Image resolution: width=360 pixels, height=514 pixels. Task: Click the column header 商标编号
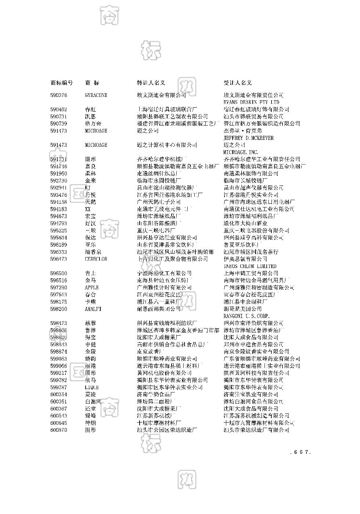(61, 83)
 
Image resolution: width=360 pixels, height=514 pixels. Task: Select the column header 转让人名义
(151, 83)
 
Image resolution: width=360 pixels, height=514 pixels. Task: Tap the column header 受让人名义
(238, 83)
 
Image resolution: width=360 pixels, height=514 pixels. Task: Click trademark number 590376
(59, 95)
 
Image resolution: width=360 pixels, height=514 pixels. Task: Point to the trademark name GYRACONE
(96, 95)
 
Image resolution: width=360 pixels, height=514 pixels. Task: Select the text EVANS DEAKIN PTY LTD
(251, 102)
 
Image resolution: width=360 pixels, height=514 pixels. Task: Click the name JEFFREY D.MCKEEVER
(248, 138)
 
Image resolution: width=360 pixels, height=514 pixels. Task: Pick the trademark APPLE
(92, 287)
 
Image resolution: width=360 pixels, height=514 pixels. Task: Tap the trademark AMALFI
(93, 309)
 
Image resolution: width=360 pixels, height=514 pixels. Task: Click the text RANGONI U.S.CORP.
(246, 316)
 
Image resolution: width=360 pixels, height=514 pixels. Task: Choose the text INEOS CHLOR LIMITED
(250, 266)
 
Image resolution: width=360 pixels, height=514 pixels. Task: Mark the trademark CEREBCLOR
(96, 259)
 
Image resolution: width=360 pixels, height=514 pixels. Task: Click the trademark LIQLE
(92, 387)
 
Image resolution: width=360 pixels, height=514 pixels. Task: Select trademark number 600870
(59, 430)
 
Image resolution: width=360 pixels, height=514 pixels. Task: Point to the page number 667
(300, 452)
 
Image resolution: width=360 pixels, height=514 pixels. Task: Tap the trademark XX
(88, 209)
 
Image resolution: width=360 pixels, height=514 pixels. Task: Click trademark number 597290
(59, 287)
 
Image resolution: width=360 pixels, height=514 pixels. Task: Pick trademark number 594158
(59, 202)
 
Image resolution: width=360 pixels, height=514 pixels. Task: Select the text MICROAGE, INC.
(241, 152)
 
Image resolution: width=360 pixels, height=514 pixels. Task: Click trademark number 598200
(59, 309)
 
